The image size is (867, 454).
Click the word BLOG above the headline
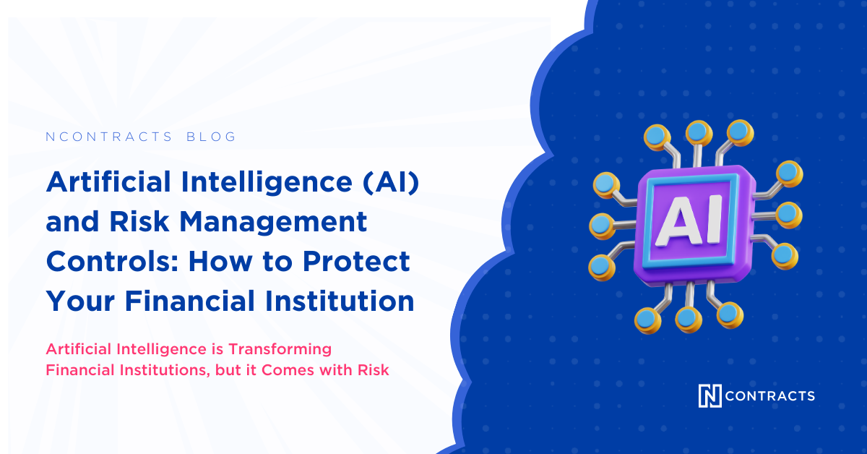click(212, 137)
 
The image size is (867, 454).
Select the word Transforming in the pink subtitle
click(280, 349)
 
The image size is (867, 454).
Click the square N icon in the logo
click(709, 395)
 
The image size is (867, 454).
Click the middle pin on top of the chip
click(698, 132)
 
